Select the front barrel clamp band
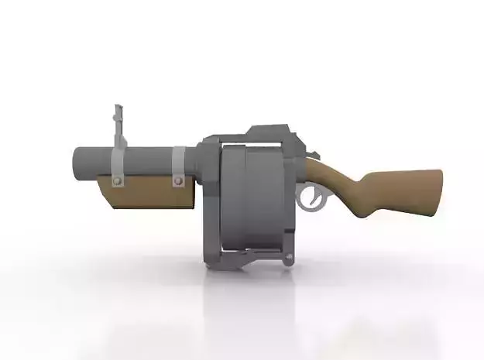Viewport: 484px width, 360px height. [118, 163]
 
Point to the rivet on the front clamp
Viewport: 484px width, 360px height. [118, 181]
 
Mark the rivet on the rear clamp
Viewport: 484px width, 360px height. [178, 182]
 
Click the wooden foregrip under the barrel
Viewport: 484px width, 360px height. [147, 194]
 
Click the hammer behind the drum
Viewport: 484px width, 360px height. [313, 159]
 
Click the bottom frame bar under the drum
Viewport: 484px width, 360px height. [248, 255]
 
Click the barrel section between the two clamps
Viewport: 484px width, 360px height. [147, 160]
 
